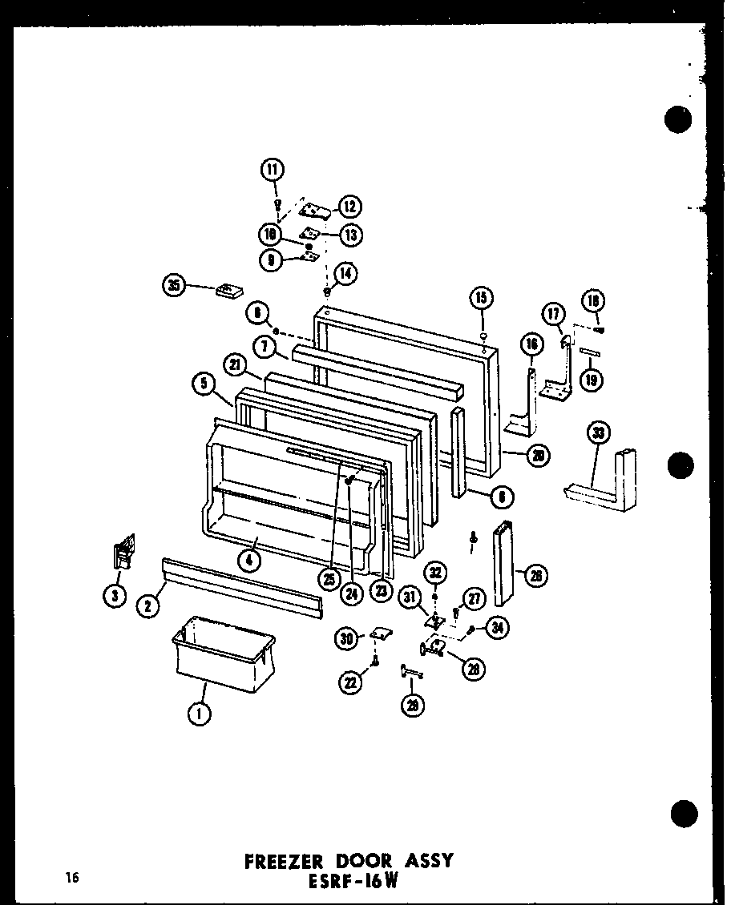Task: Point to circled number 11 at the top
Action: pos(273,169)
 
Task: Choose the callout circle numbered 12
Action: pos(349,207)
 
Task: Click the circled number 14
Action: pos(346,273)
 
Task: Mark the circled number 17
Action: pos(553,314)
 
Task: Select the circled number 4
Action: pos(250,561)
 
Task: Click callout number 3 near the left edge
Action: pos(117,594)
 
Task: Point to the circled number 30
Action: pos(347,638)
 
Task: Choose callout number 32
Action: pos(435,573)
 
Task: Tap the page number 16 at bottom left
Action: pos(73,878)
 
